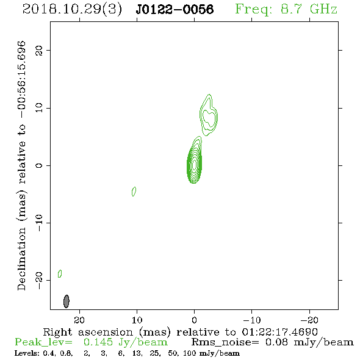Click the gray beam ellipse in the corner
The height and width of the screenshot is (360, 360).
67,301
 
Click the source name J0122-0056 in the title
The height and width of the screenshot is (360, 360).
175,9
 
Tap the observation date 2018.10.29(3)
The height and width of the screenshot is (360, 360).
72,10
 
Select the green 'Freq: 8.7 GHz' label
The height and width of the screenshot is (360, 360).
286,9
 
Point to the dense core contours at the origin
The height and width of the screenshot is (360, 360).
195,164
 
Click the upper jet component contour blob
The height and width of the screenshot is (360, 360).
209,115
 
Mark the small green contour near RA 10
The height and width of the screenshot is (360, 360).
134,192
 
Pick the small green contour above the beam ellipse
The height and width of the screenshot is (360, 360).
60,273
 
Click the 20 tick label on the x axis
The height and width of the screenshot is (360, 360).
79,320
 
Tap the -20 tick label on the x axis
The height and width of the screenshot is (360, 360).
309,320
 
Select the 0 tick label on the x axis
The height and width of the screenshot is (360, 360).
194,320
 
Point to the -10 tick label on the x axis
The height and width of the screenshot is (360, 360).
252,320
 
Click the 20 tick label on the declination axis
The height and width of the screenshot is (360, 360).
39,50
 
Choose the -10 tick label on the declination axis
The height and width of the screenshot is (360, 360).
39,223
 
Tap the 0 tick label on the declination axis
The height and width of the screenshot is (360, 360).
39,165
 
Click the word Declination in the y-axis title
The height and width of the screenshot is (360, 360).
21,259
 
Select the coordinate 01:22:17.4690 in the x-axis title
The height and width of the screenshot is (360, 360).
279,332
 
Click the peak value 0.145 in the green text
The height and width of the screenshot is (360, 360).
98,342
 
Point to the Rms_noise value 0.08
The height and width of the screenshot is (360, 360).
276,342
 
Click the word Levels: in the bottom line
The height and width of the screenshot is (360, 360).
27,353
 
